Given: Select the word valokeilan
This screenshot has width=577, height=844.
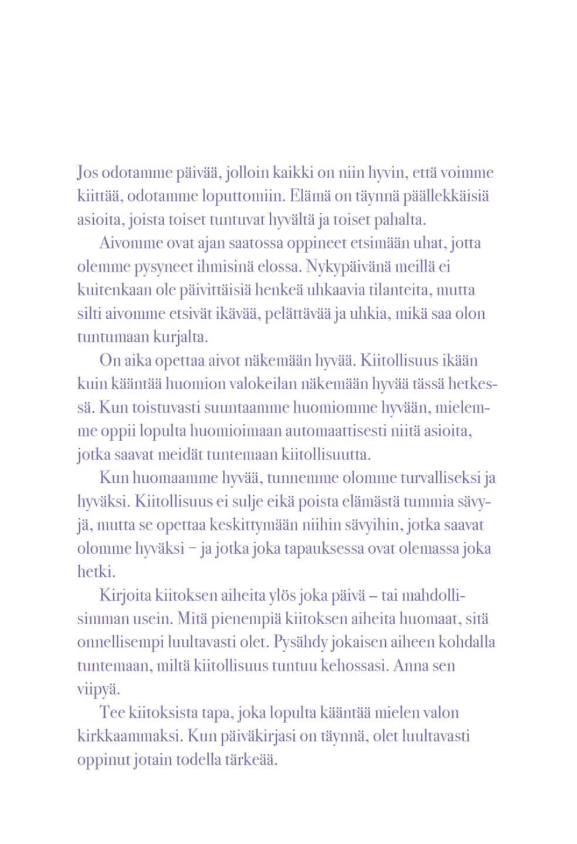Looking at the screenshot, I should click(x=263, y=384).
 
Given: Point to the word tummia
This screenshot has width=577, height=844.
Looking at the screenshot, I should click(x=428, y=502).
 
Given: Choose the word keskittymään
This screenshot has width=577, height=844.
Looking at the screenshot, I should click(x=254, y=525).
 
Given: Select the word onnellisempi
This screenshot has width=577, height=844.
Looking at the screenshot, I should click(x=120, y=642).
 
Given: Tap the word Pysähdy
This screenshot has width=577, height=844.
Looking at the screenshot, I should click(x=300, y=642).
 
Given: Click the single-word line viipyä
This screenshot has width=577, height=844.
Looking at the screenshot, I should click(x=98, y=689).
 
